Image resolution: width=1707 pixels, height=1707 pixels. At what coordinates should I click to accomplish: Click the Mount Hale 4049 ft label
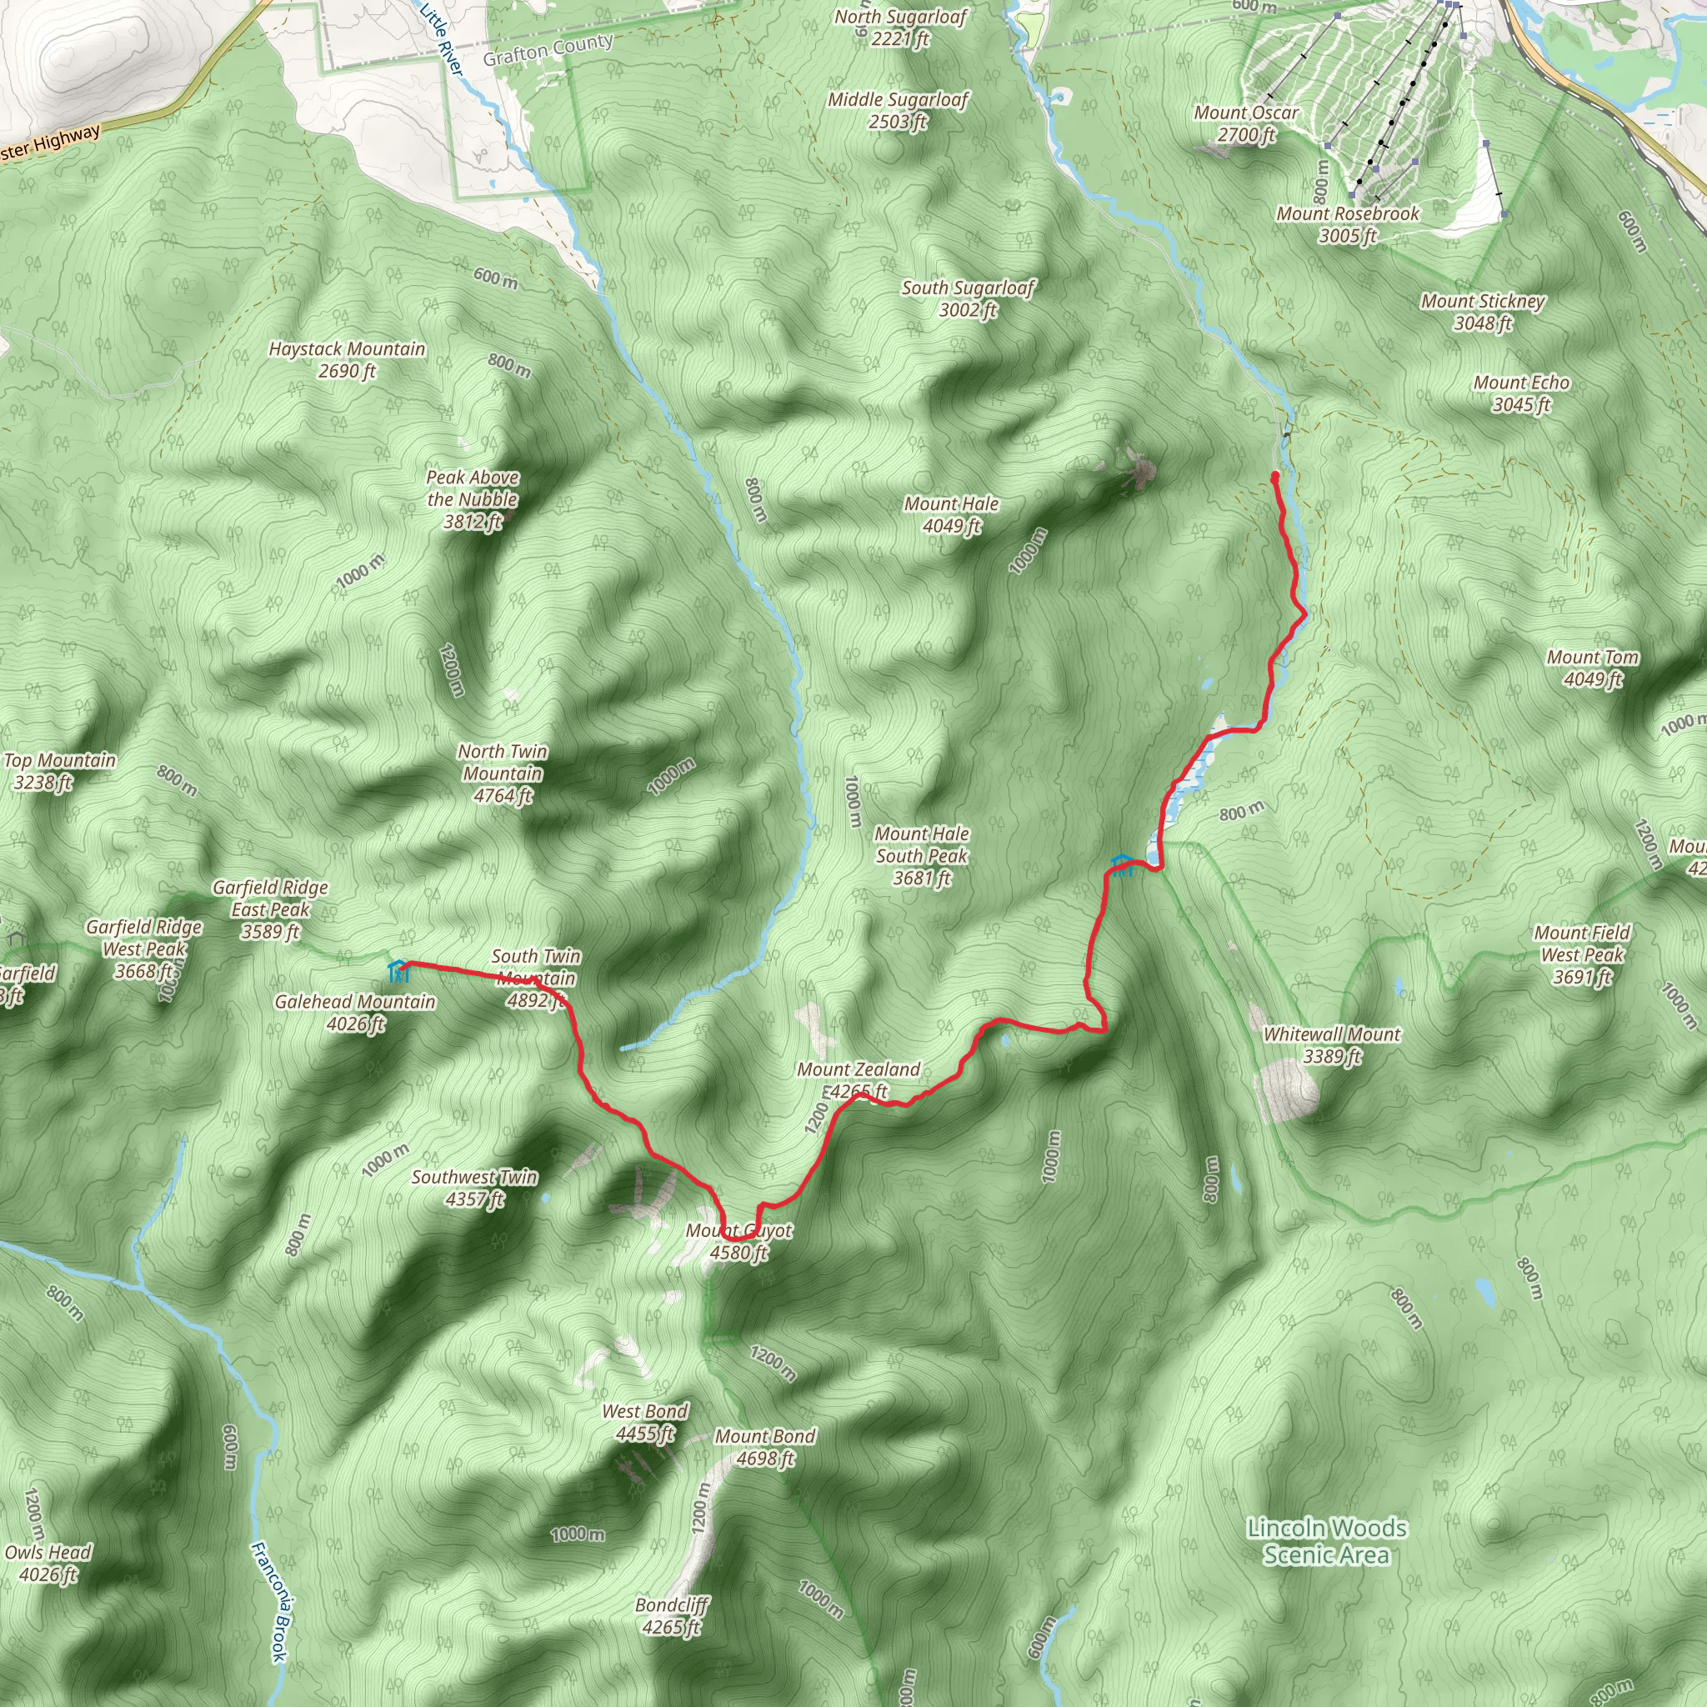[951, 515]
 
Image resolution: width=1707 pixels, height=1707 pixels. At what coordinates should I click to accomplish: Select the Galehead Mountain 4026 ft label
[355, 1013]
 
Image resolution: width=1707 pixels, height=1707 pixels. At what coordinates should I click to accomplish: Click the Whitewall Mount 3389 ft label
[1331, 1044]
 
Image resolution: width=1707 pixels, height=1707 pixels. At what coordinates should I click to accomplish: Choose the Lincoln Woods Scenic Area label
[1326, 1541]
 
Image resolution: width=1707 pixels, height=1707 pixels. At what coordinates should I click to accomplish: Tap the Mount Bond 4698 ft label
[764, 1447]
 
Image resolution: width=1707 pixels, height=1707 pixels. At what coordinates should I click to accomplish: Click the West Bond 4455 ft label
[645, 1423]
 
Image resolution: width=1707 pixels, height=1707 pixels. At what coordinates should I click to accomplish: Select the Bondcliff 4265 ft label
[672, 1616]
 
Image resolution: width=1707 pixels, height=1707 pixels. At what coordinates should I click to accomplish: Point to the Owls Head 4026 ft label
[48, 1563]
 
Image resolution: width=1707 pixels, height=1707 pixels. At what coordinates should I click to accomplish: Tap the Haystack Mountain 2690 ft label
[348, 359]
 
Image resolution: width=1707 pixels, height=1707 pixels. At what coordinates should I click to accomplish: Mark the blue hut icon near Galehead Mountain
[398, 971]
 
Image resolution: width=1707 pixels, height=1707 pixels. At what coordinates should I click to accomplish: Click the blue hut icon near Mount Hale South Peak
[1121, 865]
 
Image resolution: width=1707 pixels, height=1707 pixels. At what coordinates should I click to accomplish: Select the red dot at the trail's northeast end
[1275, 476]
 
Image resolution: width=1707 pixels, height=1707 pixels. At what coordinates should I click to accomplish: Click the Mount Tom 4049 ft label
[1592, 668]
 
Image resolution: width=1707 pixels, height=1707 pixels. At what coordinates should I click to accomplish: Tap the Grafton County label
[547, 49]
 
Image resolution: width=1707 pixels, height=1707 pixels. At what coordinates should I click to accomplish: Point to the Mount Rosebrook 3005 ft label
[1348, 224]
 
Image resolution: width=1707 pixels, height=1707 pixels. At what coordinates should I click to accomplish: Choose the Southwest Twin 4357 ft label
[474, 1188]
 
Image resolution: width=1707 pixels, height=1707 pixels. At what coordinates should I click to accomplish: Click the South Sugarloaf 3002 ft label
[968, 298]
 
